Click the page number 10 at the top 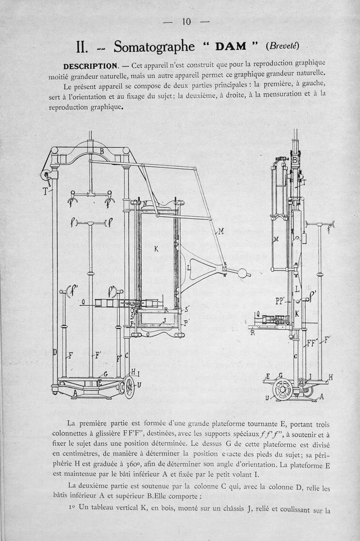click(x=186, y=22)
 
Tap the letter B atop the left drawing click(x=102, y=151)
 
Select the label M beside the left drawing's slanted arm click(x=221, y=232)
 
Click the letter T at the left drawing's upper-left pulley click(x=45, y=191)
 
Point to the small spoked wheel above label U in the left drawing click(x=130, y=387)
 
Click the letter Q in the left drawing click(x=83, y=302)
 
